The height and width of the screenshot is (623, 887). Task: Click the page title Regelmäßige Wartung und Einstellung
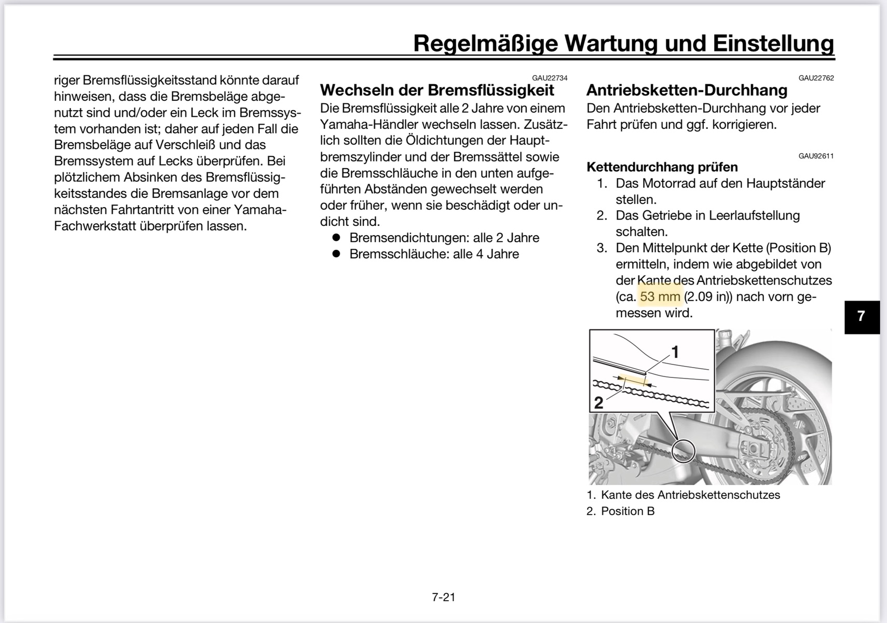click(623, 43)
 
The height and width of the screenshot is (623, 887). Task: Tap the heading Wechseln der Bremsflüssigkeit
click(437, 90)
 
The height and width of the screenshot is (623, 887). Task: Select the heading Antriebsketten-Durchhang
click(687, 90)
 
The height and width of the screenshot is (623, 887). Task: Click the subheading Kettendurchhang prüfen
click(662, 167)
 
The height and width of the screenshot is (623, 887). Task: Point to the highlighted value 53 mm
click(660, 296)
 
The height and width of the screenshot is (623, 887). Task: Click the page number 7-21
click(443, 597)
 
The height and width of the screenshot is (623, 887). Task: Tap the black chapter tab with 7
click(862, 316)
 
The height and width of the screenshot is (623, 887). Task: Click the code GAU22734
click(550, 78)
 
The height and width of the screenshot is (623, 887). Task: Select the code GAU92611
click(816, 156)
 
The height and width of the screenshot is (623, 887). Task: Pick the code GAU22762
click(816, 78)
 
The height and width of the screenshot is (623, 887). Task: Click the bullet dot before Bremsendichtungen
click(336, 237)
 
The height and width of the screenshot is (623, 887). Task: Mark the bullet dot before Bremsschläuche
click(336, 253)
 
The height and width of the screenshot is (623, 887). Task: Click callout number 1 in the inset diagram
click(675, 353)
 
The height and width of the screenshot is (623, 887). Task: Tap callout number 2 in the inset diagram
click(598, 402)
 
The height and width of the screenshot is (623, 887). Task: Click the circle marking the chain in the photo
click(683, 450)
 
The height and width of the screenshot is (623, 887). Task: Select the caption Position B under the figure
click(627, 511)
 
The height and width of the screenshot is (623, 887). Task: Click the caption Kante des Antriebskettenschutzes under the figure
click(690, 495)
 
